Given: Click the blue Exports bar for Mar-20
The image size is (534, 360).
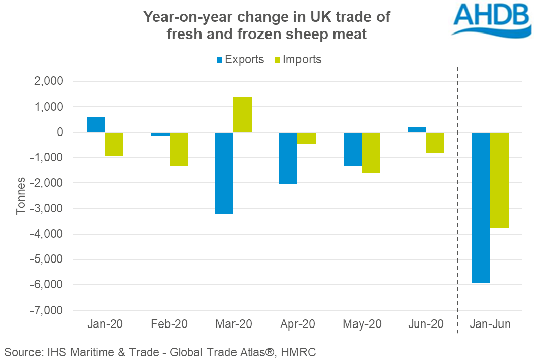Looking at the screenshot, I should point(224,173).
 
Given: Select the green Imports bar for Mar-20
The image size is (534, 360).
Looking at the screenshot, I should point(243,115).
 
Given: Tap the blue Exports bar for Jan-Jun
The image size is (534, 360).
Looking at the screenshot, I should point(481,207).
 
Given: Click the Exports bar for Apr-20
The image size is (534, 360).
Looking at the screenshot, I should point(289,158).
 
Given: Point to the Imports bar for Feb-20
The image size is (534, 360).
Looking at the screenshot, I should point(179,149).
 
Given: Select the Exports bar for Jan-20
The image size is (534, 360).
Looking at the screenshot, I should point(96,125).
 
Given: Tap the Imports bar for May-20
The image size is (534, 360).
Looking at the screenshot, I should point(371,152).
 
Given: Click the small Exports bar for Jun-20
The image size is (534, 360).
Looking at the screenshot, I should point(417,129).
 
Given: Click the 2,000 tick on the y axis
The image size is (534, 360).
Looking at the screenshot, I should point(51,81).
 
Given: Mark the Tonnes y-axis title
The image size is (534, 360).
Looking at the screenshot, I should point(21,196).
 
